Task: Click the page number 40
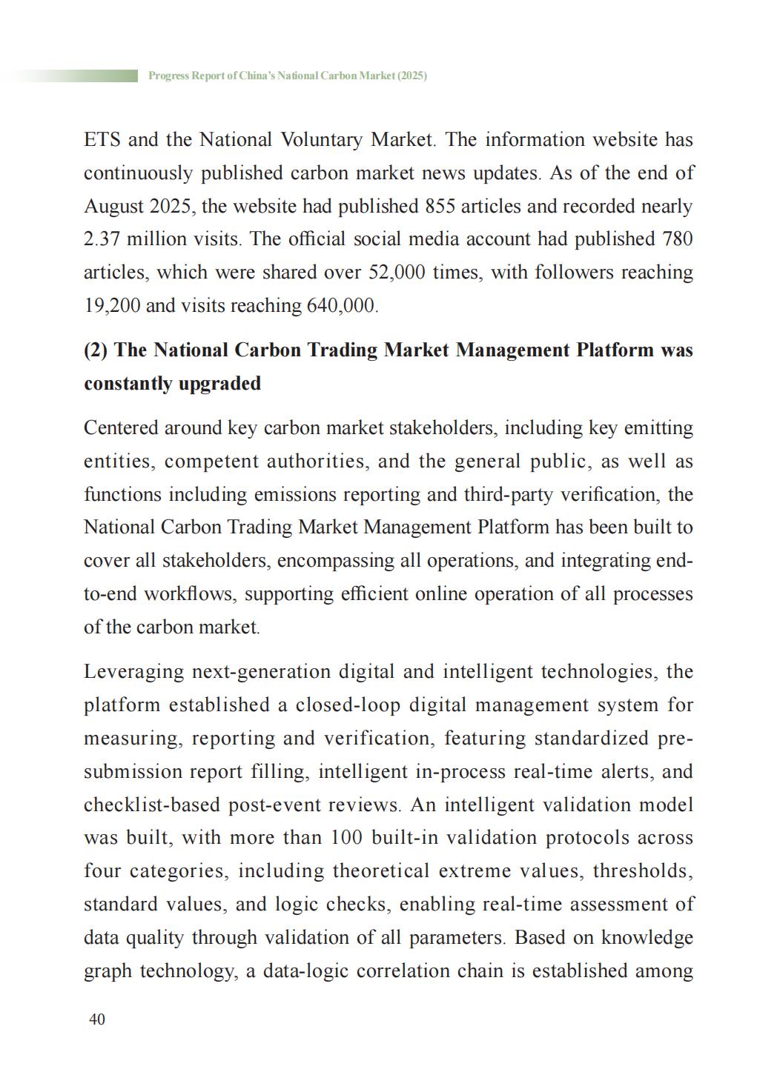point(97,1019)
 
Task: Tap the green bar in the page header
point(74,76)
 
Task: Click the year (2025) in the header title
point(411,76)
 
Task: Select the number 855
point(440,206)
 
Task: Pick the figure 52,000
point(397,273)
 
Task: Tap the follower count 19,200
point(112,306)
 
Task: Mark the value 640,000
point(342,306)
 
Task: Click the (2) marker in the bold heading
point(96,350)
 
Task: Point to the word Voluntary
point(322,140)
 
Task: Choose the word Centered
point(121,428)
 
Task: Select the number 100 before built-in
point(345,838)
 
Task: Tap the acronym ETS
point(102,140)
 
